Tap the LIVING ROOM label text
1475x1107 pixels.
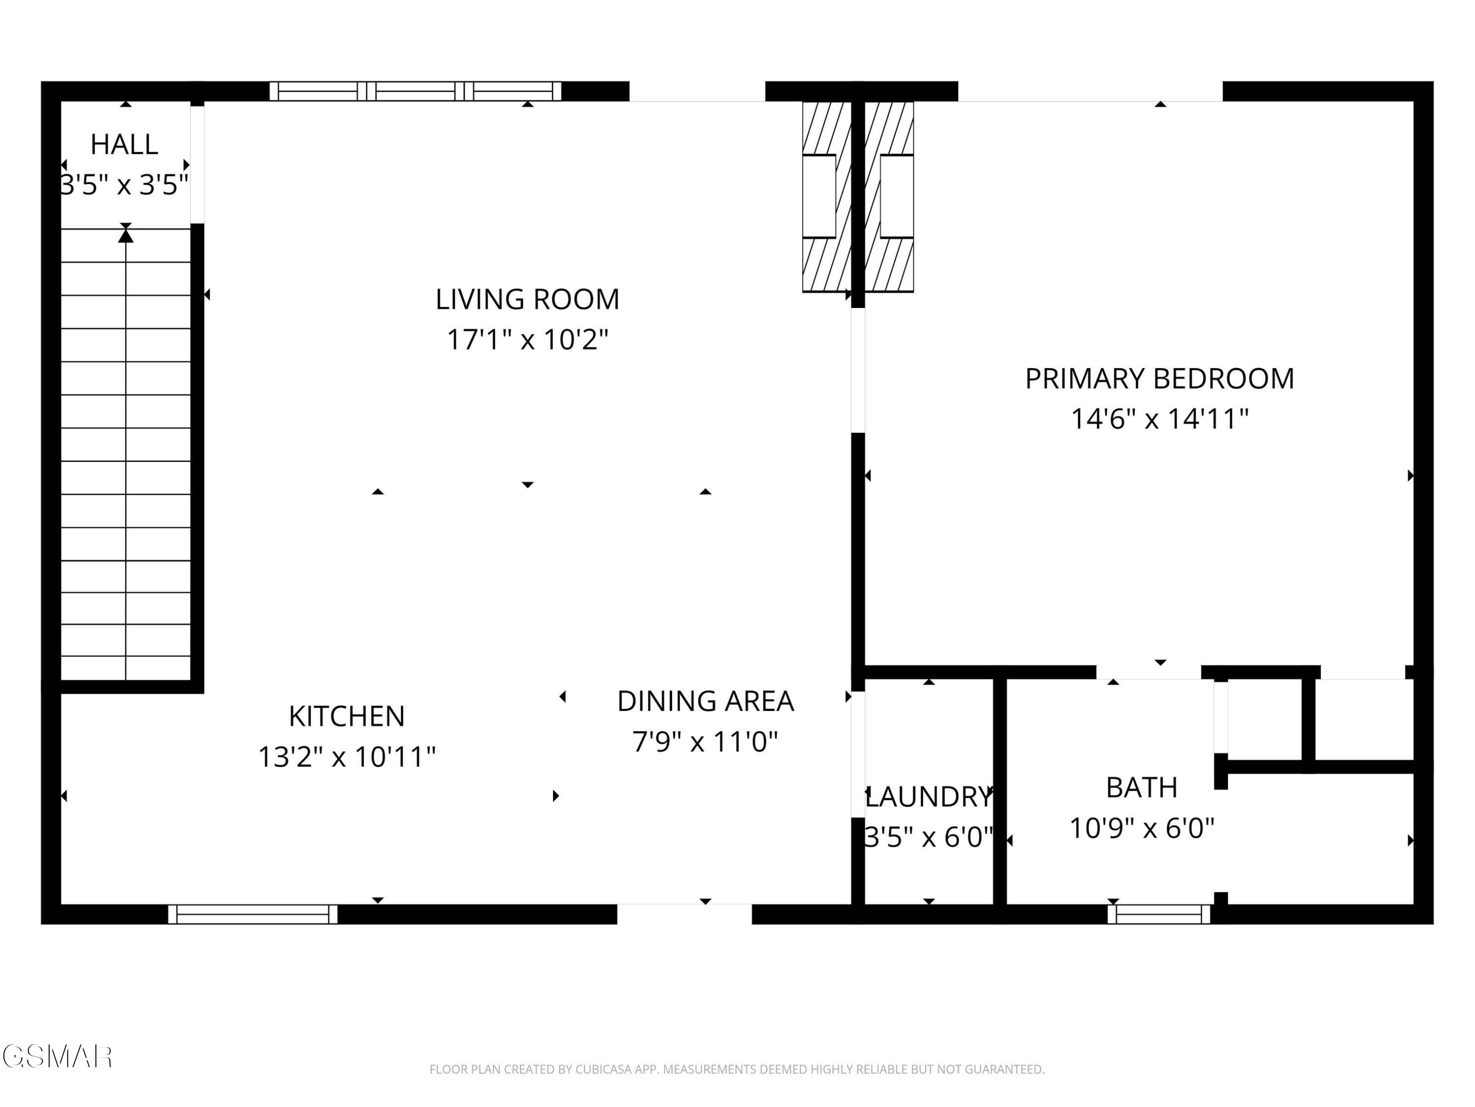click(x=528, y=299)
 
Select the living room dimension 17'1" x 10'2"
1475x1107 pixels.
click(x=528, y=339)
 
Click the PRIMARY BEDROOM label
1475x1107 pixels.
click(x=1159, y=378)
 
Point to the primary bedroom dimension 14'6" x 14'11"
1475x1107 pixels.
click(x=1159, y=419)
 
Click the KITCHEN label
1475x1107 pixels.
click(x=347, y=716)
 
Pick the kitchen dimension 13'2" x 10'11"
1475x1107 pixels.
click(x=347, y=757)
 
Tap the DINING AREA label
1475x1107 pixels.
click(x=706, y=701)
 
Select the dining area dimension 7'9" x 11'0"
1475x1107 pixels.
click(x=706, y=741)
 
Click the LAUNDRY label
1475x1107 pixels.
click(x=929, y=796)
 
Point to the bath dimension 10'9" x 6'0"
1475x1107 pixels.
click(x=1142, y=828)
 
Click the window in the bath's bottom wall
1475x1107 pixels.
click(x=1159, y=914)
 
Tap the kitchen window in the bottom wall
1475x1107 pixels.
click(x=253, y=914)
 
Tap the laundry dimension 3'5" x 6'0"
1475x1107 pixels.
click(x=929, y=837)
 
